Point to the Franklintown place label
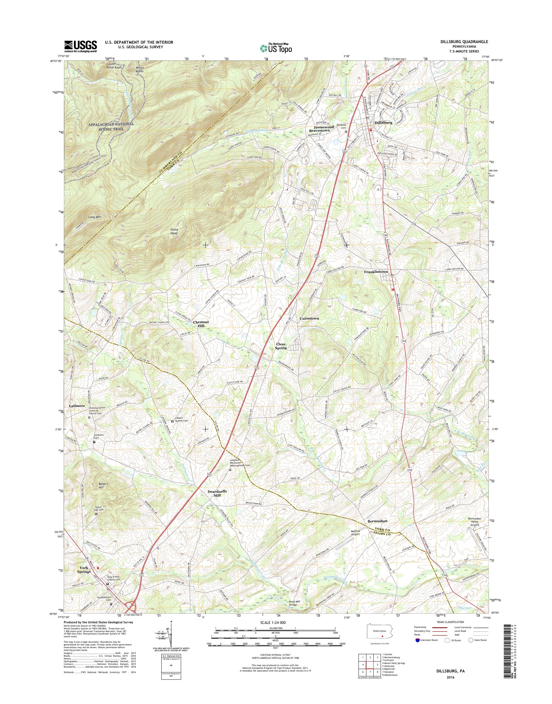(x=375, y=272)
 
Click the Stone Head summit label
(x=174, y=231)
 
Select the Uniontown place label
(x=309, y=318)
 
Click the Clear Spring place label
(x=281, y=346)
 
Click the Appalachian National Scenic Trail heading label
(x=107, y=126)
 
